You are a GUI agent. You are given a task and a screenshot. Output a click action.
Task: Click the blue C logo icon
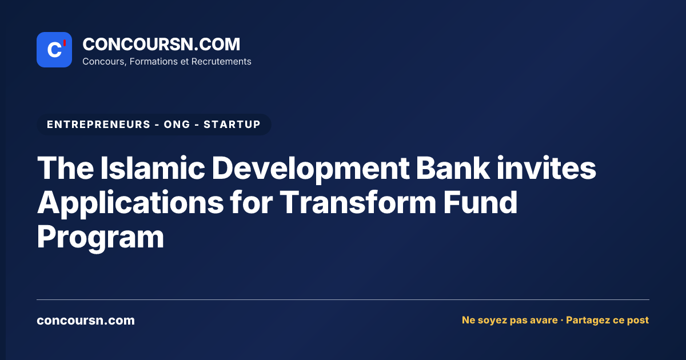(x=54, y=50)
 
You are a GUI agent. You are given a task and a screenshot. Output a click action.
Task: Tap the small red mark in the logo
(x=65, y=43)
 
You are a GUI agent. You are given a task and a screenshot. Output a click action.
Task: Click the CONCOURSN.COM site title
(x=161, y=44)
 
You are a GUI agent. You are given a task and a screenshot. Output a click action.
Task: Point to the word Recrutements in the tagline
(x=221, y=62)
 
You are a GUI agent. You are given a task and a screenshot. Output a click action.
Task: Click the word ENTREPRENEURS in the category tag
(x=98, y=125)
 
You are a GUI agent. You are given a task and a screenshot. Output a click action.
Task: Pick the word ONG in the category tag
(x=177, y=125)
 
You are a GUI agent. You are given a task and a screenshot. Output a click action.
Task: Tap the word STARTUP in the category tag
(x=232, y=125)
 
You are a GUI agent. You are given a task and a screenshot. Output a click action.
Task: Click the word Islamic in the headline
(x=153, y=168)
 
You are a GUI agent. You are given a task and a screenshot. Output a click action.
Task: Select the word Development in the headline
(x=310, y=169)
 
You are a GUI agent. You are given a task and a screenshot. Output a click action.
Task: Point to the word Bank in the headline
(x=453, y=168)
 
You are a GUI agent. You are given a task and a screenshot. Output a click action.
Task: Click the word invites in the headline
(x=546, y=168)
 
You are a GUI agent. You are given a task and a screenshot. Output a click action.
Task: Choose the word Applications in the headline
(x=130, y=203)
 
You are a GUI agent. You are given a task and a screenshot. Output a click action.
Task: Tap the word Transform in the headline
(x=357, y=202)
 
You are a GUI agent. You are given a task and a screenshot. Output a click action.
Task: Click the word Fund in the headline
(x=480, y=202)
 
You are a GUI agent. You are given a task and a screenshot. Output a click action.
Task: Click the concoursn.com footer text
(x=86, y=321)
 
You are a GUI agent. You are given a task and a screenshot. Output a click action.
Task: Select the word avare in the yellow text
(x=544, y=320)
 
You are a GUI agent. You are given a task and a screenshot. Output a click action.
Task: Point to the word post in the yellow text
(x=638, y=321)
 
